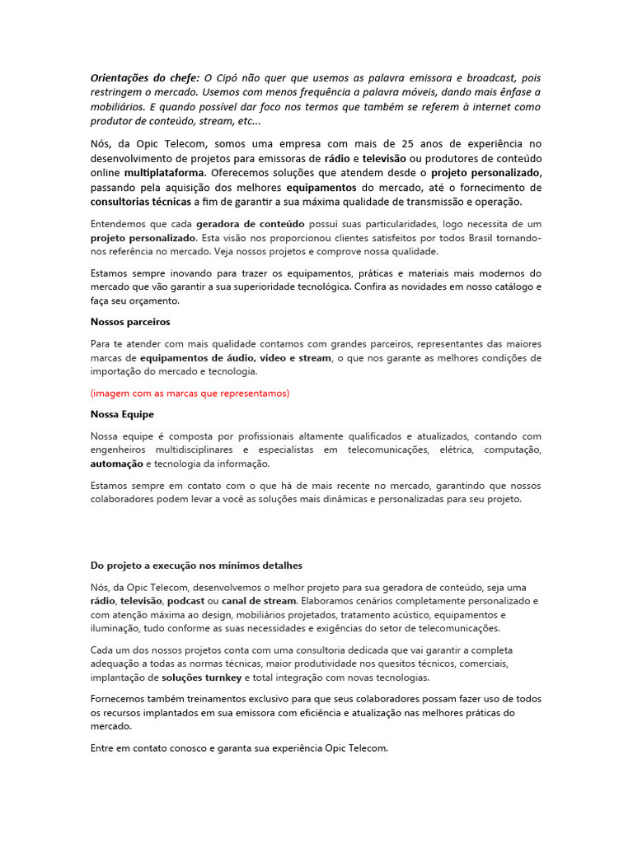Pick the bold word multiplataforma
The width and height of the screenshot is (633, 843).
click(166, 173)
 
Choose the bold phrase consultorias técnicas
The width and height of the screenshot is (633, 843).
click(140, 202)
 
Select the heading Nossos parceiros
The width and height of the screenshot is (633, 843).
click(130, 322)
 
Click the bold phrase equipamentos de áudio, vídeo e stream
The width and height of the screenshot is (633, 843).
click(235, 358)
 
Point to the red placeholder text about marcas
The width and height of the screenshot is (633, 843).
click(190, 394)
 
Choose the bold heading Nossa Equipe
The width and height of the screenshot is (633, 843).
click(122, 414)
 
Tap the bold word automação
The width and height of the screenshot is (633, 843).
click(116, 464)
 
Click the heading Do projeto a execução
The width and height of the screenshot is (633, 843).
click(196, 566)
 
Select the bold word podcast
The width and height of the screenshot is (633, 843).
click(186, 602)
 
